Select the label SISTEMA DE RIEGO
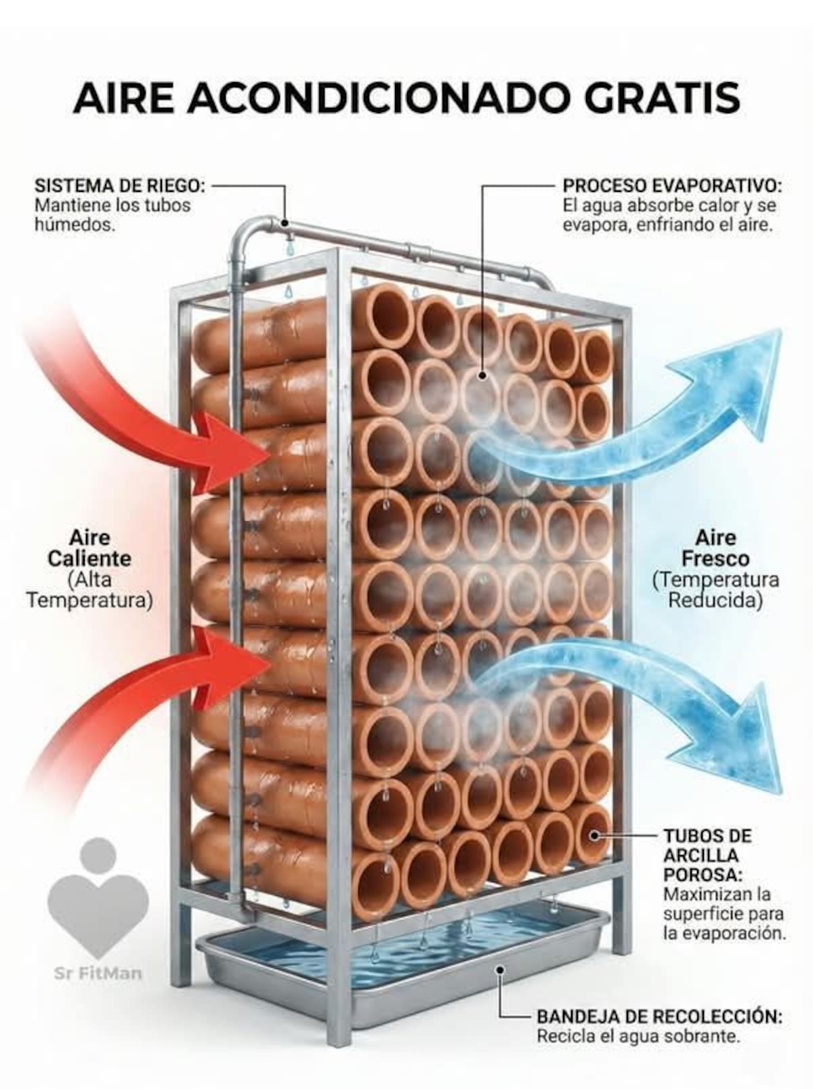[120, 186]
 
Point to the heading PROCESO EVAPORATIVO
[672, 186]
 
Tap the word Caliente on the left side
[89, 559]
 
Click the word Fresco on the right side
[715, 559]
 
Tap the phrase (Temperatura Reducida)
[715, 590]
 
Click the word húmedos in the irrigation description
[75, 224]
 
